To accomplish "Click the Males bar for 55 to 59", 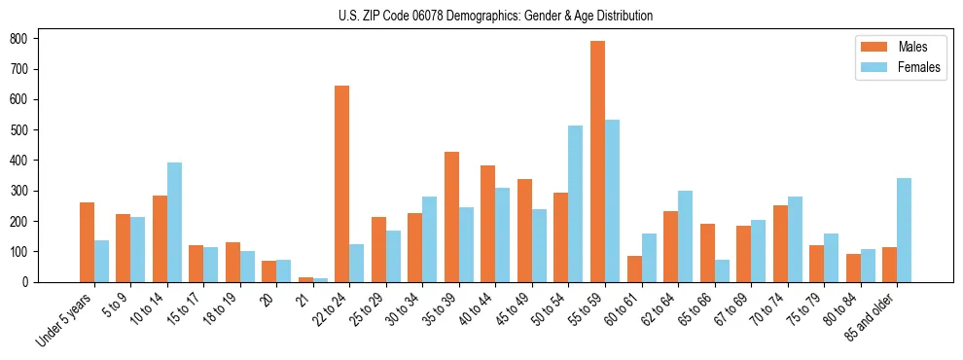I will tap(597, 162).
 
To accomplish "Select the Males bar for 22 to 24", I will tap(342, 184).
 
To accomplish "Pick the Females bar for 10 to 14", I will tap(174, 222).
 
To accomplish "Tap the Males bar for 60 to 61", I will tap(634, 269).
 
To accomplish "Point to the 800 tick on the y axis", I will tap(38, 38).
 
